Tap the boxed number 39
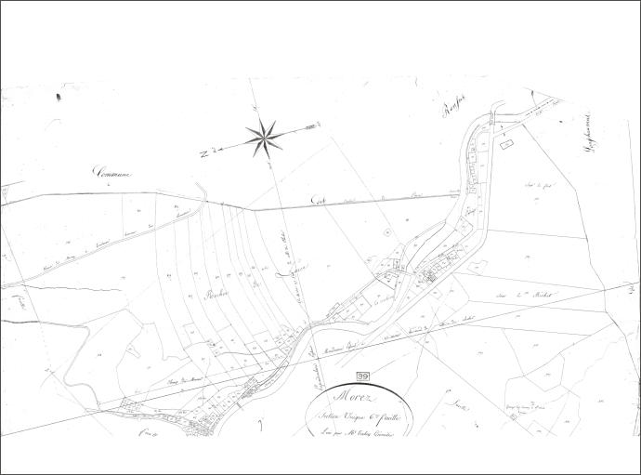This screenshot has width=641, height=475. point(362,375)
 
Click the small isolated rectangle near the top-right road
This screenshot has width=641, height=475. point(505,144)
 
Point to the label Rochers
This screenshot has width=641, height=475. point(216,299)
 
